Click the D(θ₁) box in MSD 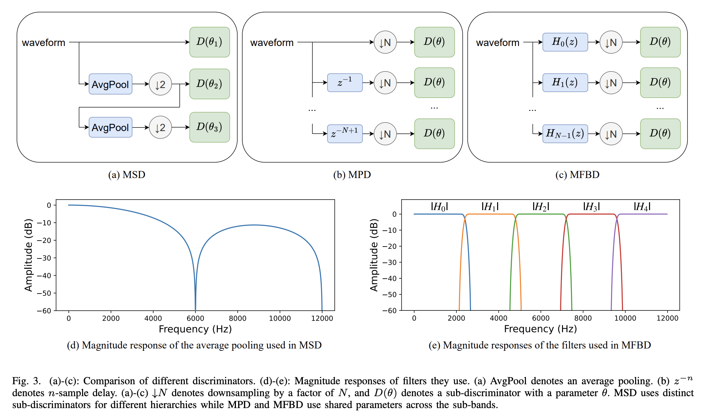tap(210, 42)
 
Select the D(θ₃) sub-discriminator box tap(210, 127)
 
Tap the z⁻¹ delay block tap(345, 82)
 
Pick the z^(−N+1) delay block tap(345, 134)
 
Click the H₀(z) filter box tap(565, 42)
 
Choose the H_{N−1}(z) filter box tap(565, 134)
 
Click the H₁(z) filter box tap(565, 82)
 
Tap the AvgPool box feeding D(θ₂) tap(110, 84)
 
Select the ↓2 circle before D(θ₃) tap(160, 127)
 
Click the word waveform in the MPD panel tap(272, 43)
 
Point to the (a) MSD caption tap(127, 175)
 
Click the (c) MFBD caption tap(577, 175)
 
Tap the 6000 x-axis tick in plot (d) tap(195, 318)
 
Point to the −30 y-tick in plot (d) tap(44, 258)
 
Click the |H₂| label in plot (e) tap(541, 207)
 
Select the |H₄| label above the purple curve tap(642, 207)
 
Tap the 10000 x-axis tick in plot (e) tap(625, 318)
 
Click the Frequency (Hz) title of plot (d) tap(195, 329)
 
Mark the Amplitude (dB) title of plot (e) tap(374, 255)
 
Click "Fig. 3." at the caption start tap(26, 381)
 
